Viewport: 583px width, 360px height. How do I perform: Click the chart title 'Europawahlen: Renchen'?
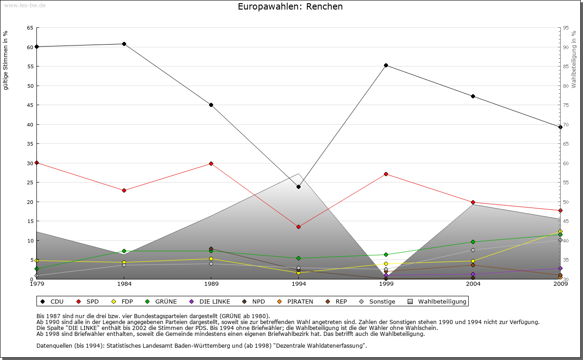pos(290,7)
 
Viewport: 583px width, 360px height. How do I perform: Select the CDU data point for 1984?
pos(124,44)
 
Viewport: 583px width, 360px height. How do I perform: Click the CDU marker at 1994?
pos(298,187)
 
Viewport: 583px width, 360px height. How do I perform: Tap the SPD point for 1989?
pos(211,163)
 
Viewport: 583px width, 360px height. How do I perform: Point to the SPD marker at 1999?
pos(386,174)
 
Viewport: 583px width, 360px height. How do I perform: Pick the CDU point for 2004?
pos(473,96)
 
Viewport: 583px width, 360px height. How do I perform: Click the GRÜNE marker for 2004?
pos(473,242)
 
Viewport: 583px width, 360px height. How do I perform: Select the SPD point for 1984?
pos(124,190)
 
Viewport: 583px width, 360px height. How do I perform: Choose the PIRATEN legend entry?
pos(296,301)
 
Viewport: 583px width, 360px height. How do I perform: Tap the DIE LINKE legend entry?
pos(210,301)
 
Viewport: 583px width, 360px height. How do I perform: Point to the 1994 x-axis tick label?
pos(298,284)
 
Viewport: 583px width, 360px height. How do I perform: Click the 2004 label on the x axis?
pos(473,284)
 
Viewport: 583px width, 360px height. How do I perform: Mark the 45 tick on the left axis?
pos(30,105)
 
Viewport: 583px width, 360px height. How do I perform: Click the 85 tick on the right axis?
pos(566,66)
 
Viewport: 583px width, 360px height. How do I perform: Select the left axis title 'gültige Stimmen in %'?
pos(6,60)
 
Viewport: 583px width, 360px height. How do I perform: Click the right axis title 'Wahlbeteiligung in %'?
pos(574,60)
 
